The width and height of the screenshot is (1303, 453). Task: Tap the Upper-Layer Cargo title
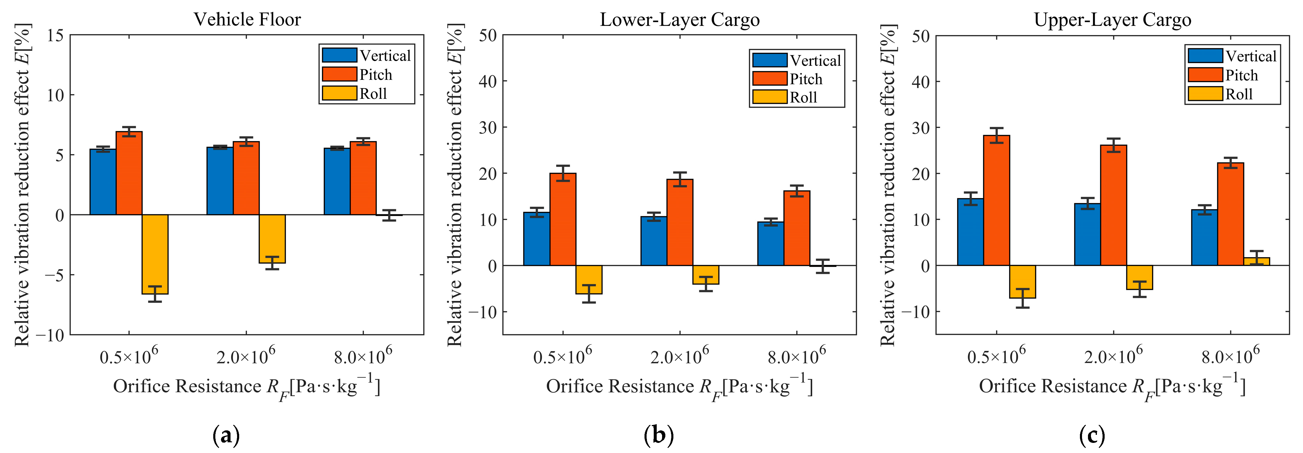click(x=1112, y=20)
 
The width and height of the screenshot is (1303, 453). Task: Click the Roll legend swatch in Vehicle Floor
click(x=340, y=93)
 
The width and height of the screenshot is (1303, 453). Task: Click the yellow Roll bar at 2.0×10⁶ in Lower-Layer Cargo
click(x=706, y=274)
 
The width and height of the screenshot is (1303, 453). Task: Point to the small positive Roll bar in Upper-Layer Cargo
click(x=1257, y=261)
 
